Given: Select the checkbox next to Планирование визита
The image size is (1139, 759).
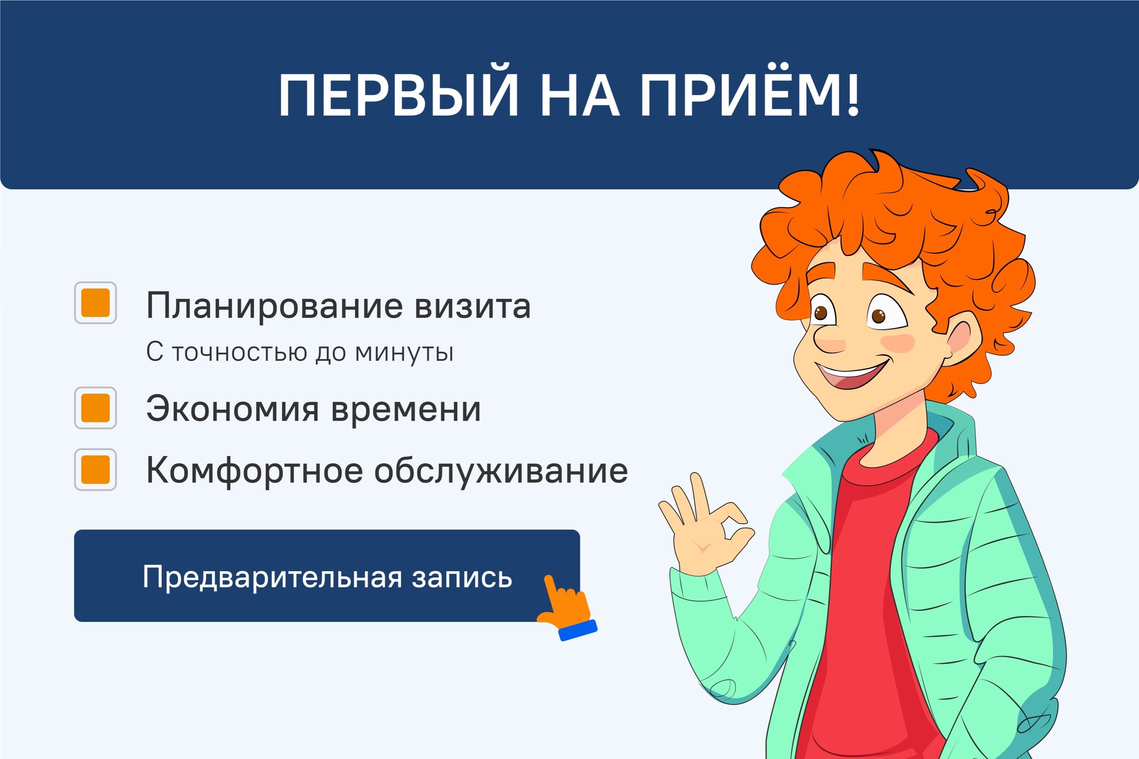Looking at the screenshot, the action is [95, 303].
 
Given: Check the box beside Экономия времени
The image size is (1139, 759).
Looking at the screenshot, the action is [95, 408].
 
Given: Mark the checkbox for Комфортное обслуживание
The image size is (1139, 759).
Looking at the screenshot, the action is [95, 469].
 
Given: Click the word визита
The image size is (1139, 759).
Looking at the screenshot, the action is [473, 306].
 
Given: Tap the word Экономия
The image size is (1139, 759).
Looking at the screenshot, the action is [233, 409].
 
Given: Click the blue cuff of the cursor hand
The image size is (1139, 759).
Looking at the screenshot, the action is [578, 630].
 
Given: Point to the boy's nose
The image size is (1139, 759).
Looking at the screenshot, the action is [829, 339].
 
